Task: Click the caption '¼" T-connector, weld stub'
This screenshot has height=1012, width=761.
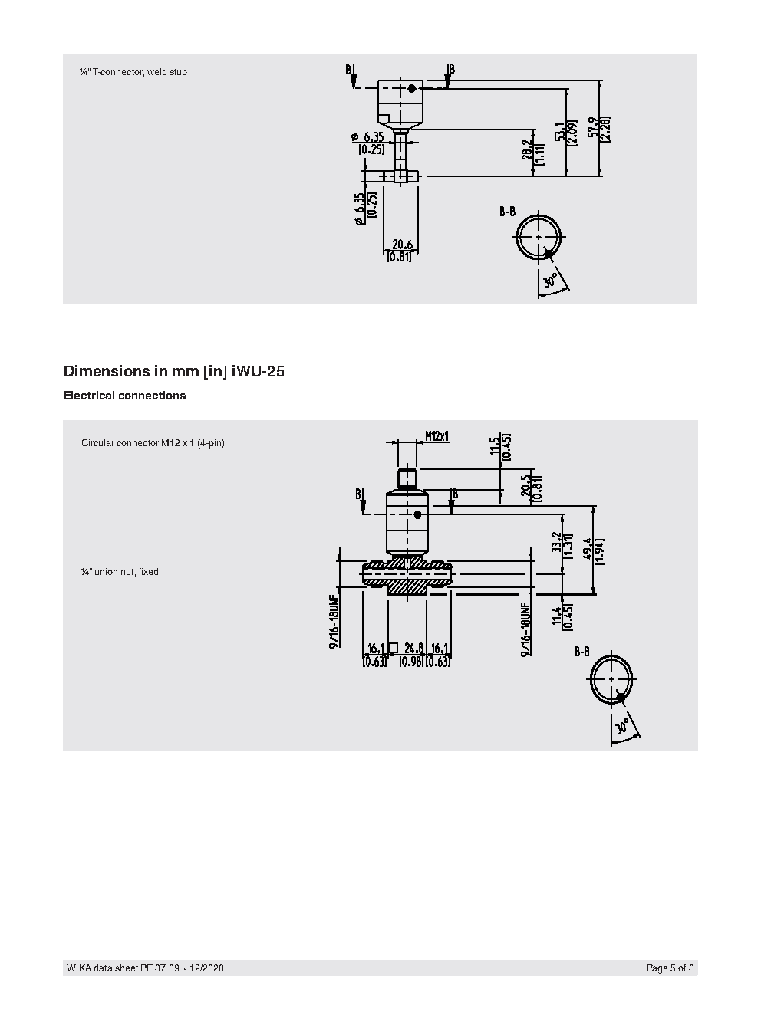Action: pyautogui.click(x=133, y=72)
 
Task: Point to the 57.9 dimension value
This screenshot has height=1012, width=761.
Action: pyautogui.click(x=591, y=128)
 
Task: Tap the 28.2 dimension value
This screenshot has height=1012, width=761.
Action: pyautogui.click(x=526, y=150)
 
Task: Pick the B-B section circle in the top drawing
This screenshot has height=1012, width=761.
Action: pyautogui.click(x=539, y=237)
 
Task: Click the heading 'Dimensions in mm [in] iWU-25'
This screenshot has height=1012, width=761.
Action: pyautogui.click(x=174, y=372)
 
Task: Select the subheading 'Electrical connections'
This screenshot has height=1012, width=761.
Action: pyautogui.click(x=124, y=396)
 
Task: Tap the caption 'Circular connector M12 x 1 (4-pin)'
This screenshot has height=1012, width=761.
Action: pyautogui.click(x=153, y=443)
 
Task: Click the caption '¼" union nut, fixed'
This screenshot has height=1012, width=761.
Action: pyautogui.click(x=120, y=572)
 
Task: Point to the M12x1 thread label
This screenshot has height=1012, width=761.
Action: pyautogui.click(x=437, y=436)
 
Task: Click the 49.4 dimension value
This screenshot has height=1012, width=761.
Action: pyautogui.click(x=587, y=550)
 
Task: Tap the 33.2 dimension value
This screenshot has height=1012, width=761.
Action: pyautogui.click(x=556, y=544)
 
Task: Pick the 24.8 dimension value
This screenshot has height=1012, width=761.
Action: pyautogui.click(x=413, y=648)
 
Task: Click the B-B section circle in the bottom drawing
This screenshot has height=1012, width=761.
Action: pyautogui.click(x=612, y=680)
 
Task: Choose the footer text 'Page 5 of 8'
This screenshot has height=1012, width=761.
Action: pyautogui.click(x=670, y=968)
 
